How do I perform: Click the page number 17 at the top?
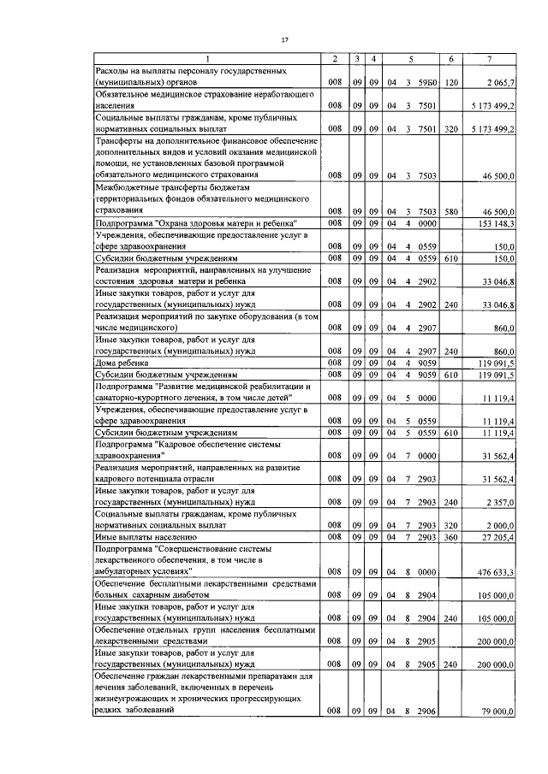click(x=285, y=39)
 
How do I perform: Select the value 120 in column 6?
click(x=451, y=82)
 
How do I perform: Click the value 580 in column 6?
click(x=451, y=210)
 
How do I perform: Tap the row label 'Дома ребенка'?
click(x=118, y=363)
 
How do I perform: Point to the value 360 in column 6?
click(x=451, y=536)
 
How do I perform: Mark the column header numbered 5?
click(x=412, y=58)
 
